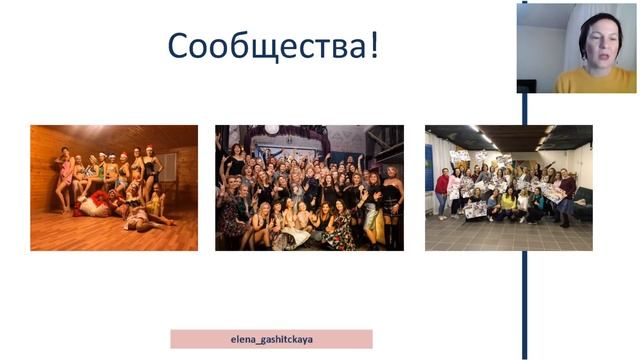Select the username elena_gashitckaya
271,339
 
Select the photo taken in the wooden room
113,187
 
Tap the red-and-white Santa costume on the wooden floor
94,204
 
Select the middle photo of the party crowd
309,187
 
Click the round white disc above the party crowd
272,130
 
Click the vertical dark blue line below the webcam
523,220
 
